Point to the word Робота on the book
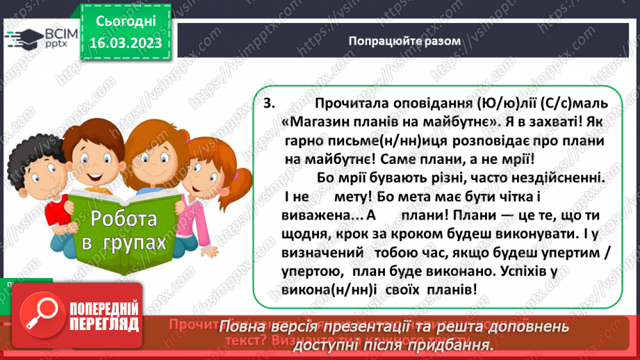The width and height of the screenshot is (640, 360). pos(123,220)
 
